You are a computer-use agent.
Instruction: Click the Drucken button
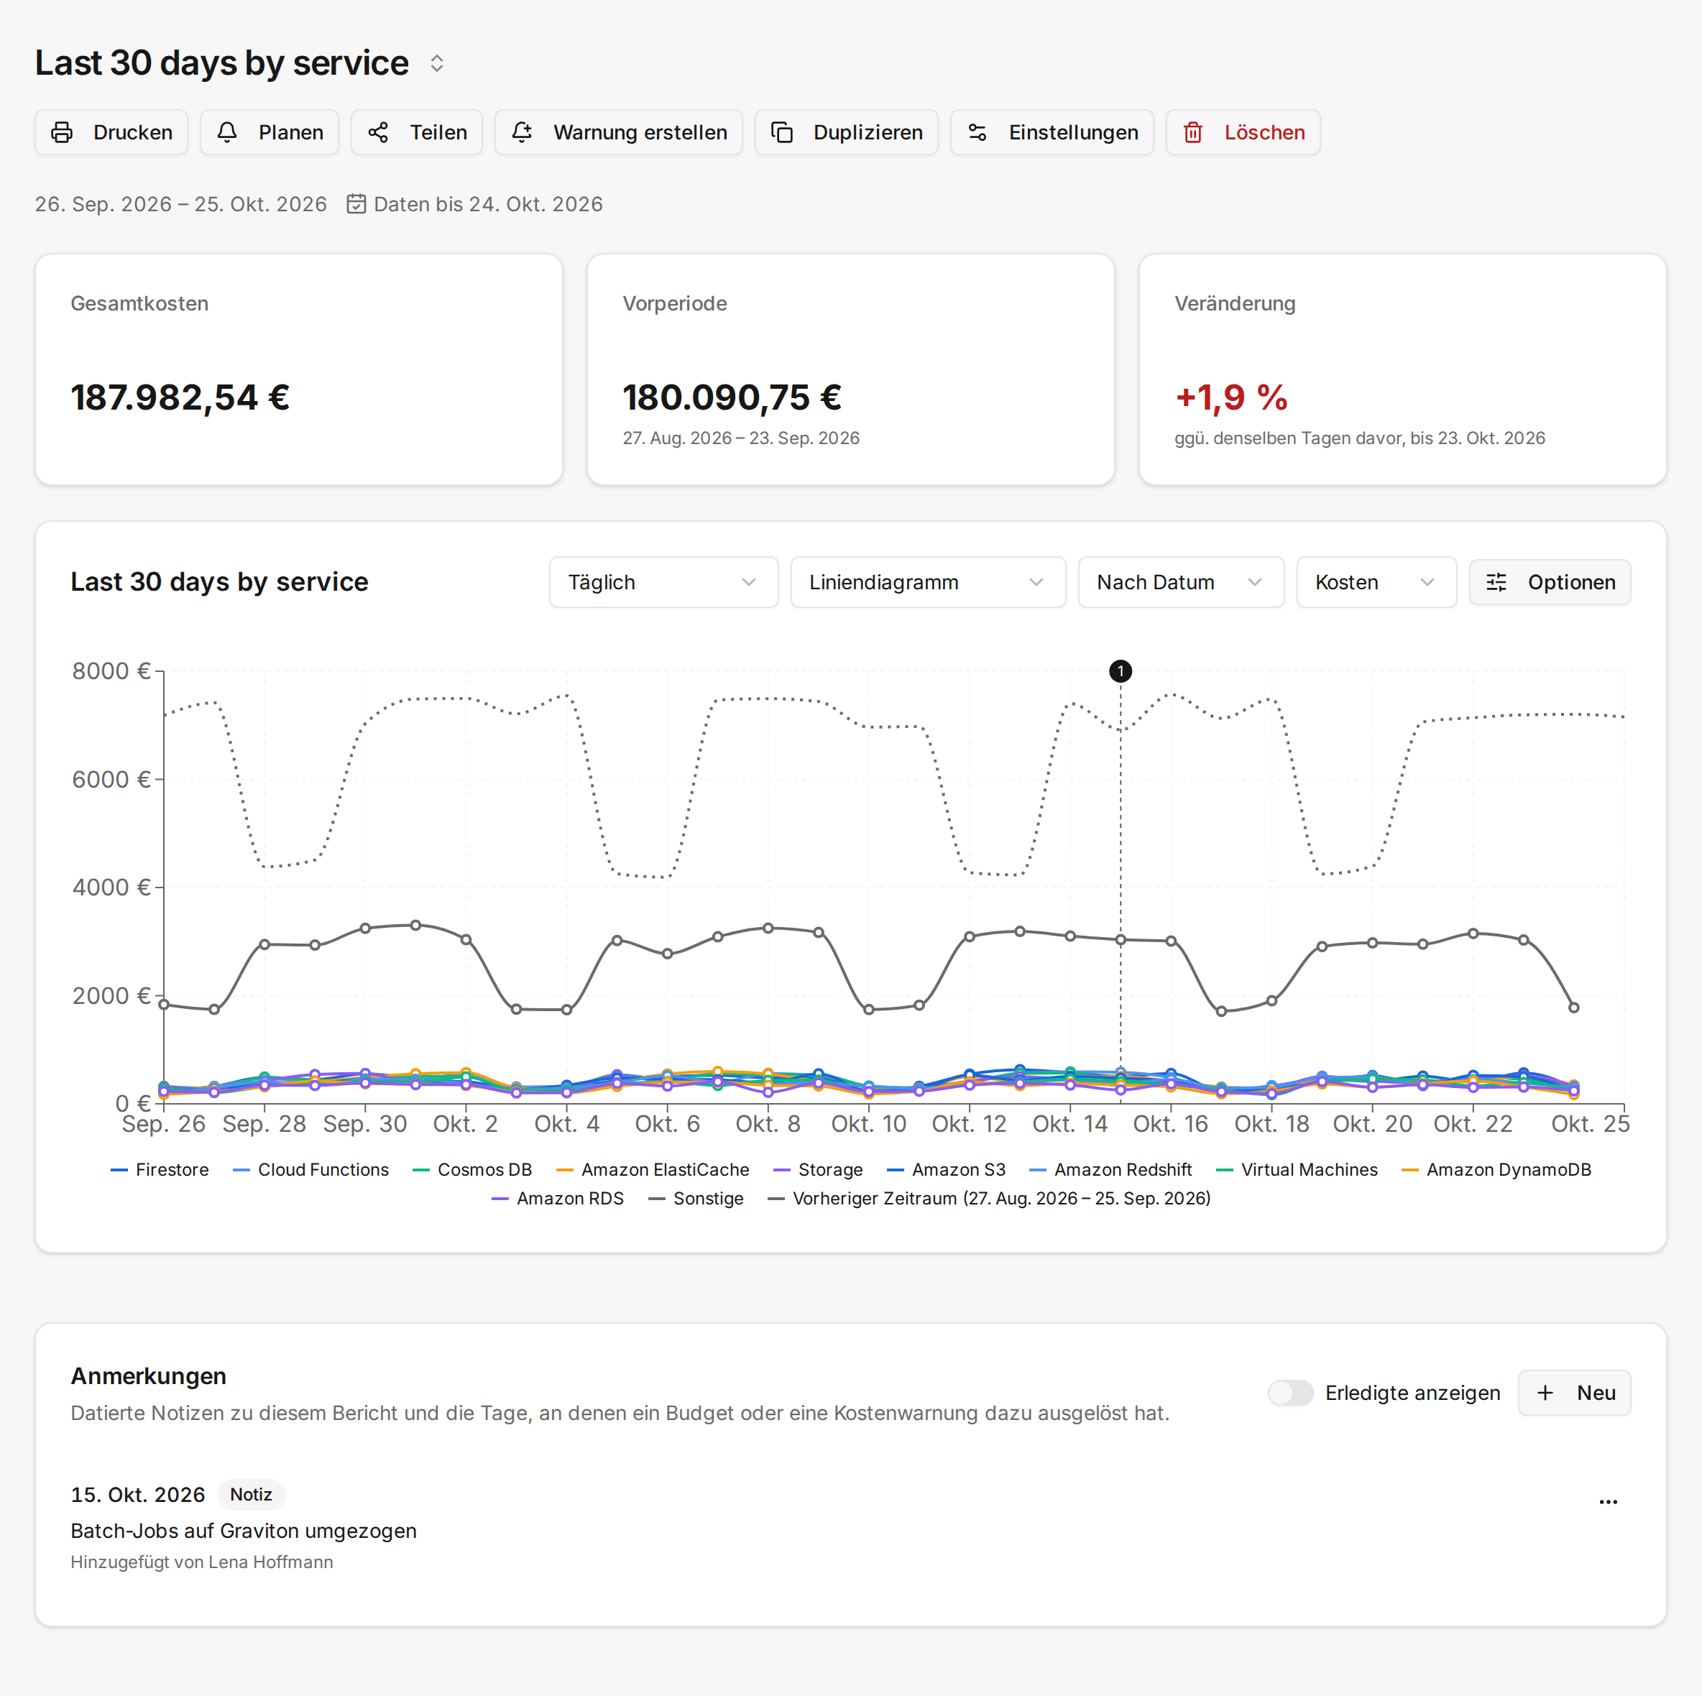tap(111, 132)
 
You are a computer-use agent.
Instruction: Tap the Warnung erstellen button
tap(618, 132)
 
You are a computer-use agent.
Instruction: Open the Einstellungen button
tap(1052, 132)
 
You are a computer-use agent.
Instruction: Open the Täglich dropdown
tap(663, 582)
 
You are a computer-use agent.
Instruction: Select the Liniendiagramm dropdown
tap(928, 582)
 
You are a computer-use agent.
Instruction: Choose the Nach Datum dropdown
tap(1180, 582)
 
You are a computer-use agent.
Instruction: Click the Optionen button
tap(1550, 582)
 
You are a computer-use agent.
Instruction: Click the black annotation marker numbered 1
tap(1121, 671)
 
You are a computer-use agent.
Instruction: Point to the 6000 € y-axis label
tap(111, 780)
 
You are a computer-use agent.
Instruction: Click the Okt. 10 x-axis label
tap(869, 1124)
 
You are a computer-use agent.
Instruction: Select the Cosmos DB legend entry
tap(472, 1170)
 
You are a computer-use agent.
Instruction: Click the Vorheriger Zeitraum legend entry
tap(989, 1198)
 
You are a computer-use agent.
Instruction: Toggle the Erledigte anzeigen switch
tap(1291, 1393)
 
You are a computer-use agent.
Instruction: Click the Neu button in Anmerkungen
tap(1574, 1393)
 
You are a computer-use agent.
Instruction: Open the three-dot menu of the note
tap(1609, 1502)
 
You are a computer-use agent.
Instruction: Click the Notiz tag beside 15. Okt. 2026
tap(251, 1494)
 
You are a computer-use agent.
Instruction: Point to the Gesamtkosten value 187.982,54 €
tap(180, 397)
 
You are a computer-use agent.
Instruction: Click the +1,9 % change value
tap(1231, 397)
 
